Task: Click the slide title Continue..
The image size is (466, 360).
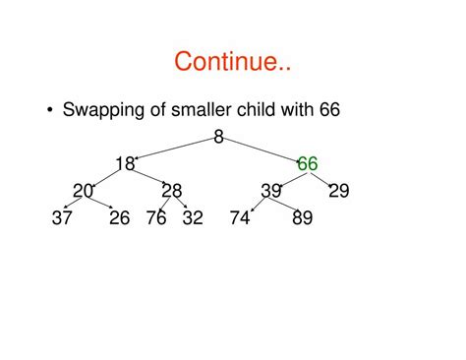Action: pyautogui.click(x=232, y=62)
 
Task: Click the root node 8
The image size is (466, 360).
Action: pyautogui.click(x=218, y=138)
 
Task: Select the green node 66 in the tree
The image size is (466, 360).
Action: pyautogui.click(x=307, y=164)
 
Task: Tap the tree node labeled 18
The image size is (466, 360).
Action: pyautogui.click(x=124, y=164)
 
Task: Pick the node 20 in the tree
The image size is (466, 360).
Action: pyautogui.click(x=83, y=191)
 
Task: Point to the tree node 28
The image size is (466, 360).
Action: pyautogui.click(x=172, y=191)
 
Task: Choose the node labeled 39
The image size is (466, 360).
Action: pyautogui.click(x=271, y=191)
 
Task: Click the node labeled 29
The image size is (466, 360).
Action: pyautogui.click(x=338, y=191)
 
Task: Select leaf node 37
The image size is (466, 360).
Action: pyautogui.click(x=62, y=218)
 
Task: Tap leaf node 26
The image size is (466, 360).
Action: pyautogui.click(x=119, y=218)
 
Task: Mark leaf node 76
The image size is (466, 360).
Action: pyautogui.click(x=156, y=218)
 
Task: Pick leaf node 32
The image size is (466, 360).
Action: pyautogui.click(x=193, y=218)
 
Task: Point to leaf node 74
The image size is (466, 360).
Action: pyautogui.click(x=240, y=218)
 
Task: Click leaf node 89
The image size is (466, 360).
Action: pyautogui.click(x=302, y=218)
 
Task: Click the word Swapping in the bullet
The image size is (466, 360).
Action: pyautogui.click(x=104, y=109)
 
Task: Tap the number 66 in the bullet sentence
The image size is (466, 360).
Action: pyautogui.click(x=329, y=109)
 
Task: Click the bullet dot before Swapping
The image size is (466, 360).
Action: pyautogui.click(x=49, y=110)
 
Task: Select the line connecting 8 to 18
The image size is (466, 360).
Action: pyautogui.click(x=175, y=149)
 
